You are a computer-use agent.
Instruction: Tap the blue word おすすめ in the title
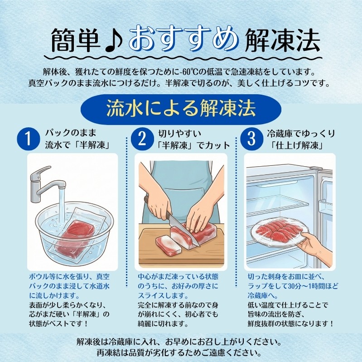pos(184,39)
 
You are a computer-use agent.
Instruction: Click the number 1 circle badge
pos(28,139)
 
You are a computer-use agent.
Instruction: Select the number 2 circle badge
pos(142,139)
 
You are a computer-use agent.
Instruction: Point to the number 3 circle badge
pos(251,139)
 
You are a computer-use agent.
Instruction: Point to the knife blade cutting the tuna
pos(183,230)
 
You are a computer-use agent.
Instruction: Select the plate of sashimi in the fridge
pos(279,233)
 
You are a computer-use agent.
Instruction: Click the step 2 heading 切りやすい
pos(179,134)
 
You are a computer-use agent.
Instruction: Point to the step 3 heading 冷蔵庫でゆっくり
pos(301,134)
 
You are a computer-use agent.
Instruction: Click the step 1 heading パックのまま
pos(70,133)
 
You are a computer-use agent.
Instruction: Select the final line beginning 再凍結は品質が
pos(179,352)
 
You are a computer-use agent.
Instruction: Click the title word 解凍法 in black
pos(282,40)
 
